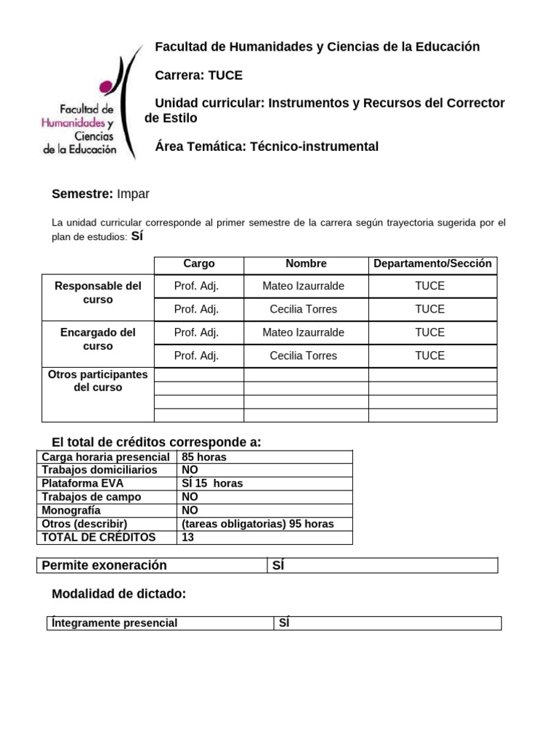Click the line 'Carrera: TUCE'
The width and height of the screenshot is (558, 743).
point(199,75)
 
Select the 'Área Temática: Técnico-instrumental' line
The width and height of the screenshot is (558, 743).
point(267,147)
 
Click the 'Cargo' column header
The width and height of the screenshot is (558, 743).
point(198,264)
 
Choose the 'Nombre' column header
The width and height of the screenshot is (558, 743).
point(306,264)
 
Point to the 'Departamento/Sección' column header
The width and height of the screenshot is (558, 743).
point(432,264)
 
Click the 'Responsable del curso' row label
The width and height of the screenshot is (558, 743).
point(98,292)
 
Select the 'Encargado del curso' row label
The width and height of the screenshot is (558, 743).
point(98,339)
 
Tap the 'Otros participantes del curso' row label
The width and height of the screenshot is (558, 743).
point(98,381)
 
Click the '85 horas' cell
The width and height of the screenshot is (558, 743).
point(204,457)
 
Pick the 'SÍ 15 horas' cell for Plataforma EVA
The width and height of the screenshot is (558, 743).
point(212,483)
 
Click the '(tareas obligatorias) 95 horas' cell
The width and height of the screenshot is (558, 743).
point(257,524)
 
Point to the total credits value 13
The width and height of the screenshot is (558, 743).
point(188,538)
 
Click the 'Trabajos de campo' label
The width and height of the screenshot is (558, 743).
point(92,497)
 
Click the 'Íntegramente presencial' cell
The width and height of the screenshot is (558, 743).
point(114,623)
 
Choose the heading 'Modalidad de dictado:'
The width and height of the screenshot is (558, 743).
point(119,594)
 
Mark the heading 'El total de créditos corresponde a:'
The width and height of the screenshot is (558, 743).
point(156,443)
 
